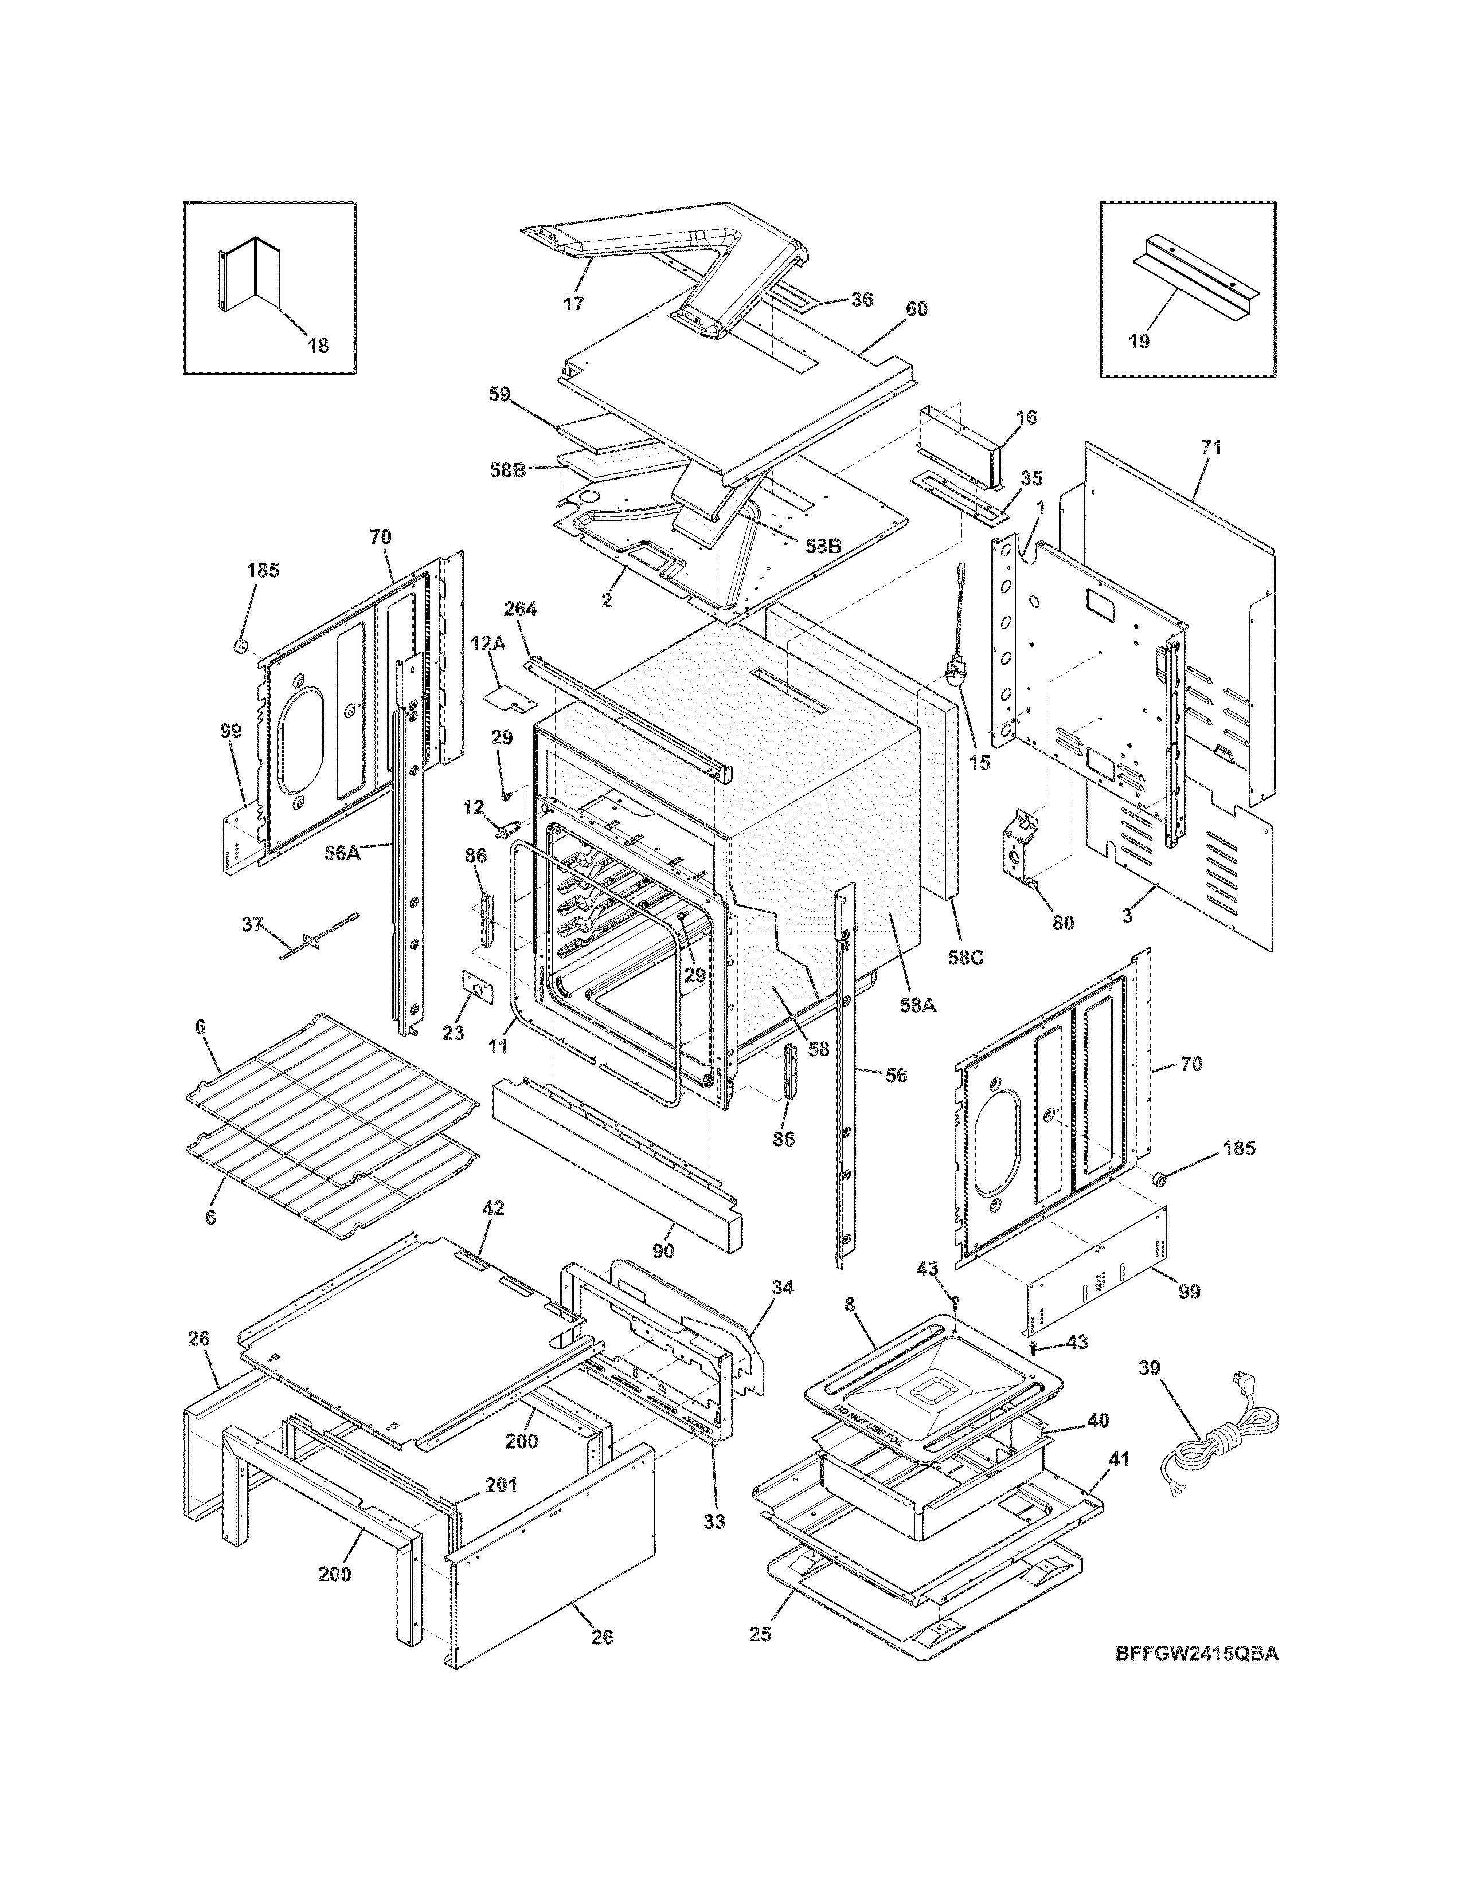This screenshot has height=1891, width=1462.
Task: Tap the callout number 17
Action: pos(573,304)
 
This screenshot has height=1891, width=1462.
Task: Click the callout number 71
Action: pos(1211,448)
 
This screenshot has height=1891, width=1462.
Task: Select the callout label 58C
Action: pos(965,959)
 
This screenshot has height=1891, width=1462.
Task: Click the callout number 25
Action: pos(760,1634)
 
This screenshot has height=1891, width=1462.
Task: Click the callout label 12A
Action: pos(488,644)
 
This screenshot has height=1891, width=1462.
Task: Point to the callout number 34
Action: pos(782,1288)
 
